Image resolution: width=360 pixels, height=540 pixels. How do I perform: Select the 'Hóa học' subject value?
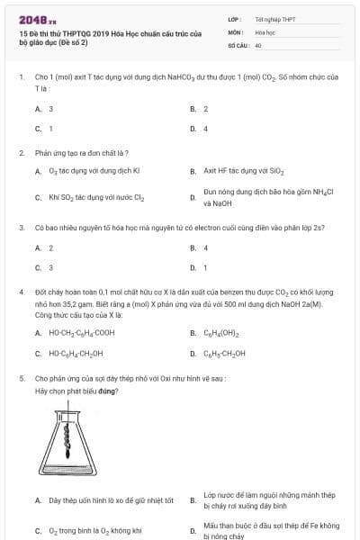pyautogui.click(x=264, y=31)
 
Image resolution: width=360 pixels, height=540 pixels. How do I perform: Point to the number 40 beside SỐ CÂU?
pyautogui.click(x=258, y=44)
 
